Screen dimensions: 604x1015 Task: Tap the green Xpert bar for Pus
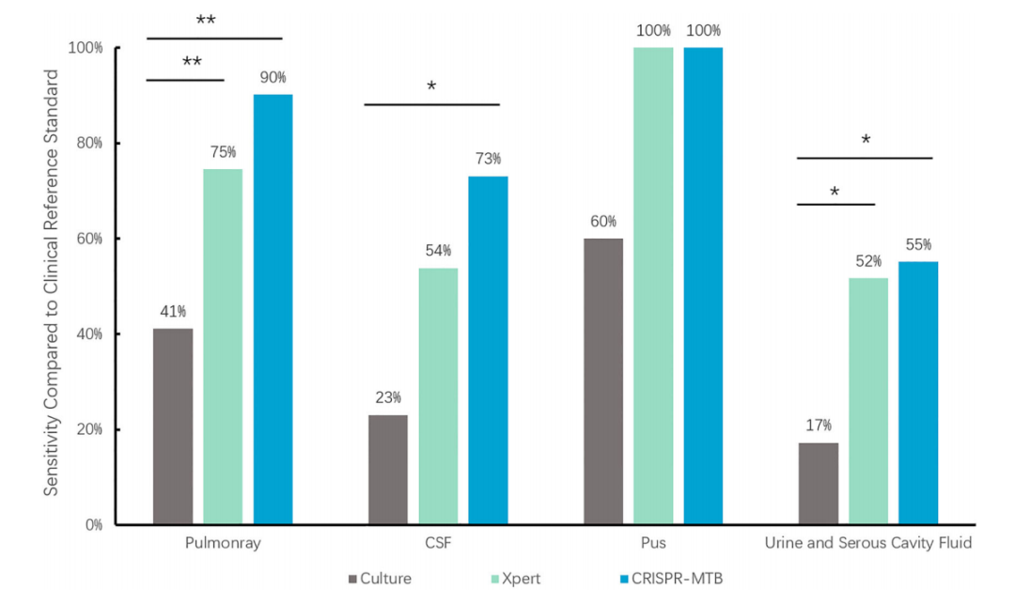click(653, 286)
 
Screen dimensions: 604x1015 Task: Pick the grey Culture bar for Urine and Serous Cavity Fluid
click(818, 483)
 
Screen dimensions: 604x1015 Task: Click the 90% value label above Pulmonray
click(273, 77)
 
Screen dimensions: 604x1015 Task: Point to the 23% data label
click(388, 397)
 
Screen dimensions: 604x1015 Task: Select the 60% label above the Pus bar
click(603, 221)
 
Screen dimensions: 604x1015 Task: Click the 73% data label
click(488, 159)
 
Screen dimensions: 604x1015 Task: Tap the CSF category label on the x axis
click(438, 544)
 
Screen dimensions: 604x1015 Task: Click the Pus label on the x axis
click(653, 544)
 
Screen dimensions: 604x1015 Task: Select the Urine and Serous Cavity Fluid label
click(867, 544)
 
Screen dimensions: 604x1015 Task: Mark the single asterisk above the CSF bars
click(431, 87)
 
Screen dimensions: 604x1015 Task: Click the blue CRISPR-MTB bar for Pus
click(703, 286)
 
